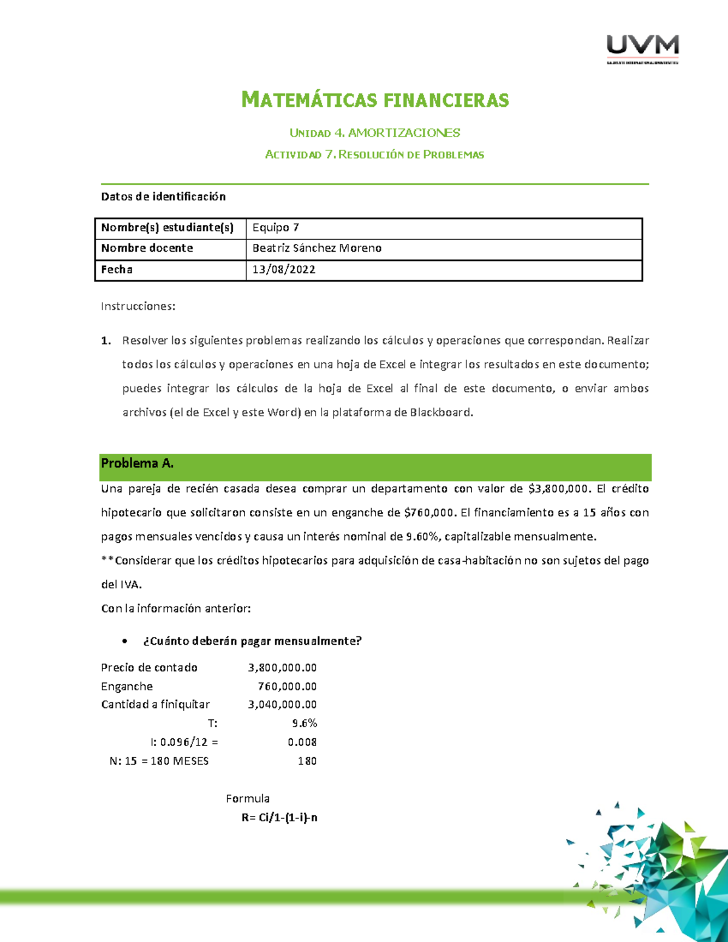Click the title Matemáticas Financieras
(x=375, y=99)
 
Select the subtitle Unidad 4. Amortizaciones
(x=374, y=133)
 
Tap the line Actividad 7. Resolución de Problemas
(x=374, y=155)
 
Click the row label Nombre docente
(x=147, y=248)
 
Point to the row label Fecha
(x=116, y=269)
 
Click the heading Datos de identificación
(x=163, y=197)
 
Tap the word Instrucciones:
(x=138, y=306)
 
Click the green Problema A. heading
(x=137, y=463)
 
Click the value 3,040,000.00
(x=282, y=705)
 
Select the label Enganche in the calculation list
(x=127, y=687)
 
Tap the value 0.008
(x=302, y=742)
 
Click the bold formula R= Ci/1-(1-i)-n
(x=279, y=818)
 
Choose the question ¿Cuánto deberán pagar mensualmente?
(x=252, y=641)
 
